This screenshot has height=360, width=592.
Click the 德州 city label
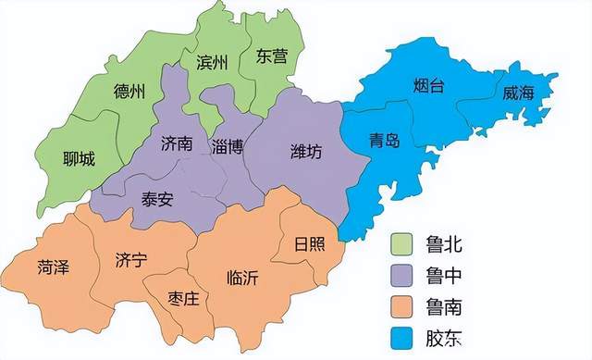pyautogui.click(x=129, y=92)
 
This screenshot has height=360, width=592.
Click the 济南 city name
pyautogui.click(x=177, y=144)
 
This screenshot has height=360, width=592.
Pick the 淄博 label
pyautogui.click(x=227, y=147)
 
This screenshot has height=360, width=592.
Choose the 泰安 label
pyautogui.click(x=157, y=198)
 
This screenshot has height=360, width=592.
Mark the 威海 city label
pyautogui.click(x=519, y=93)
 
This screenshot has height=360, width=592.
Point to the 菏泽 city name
pyautogui.click(x=54, y=268)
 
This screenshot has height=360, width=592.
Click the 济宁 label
pyautogui.click(x=131, y=260)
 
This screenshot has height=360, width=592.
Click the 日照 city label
pyautogui.click(x=309, y=244)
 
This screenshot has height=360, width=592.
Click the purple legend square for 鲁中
pyautogui.click(x=402, y=275)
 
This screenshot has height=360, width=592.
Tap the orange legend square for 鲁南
pyautogui.click(x=402, y=304)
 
